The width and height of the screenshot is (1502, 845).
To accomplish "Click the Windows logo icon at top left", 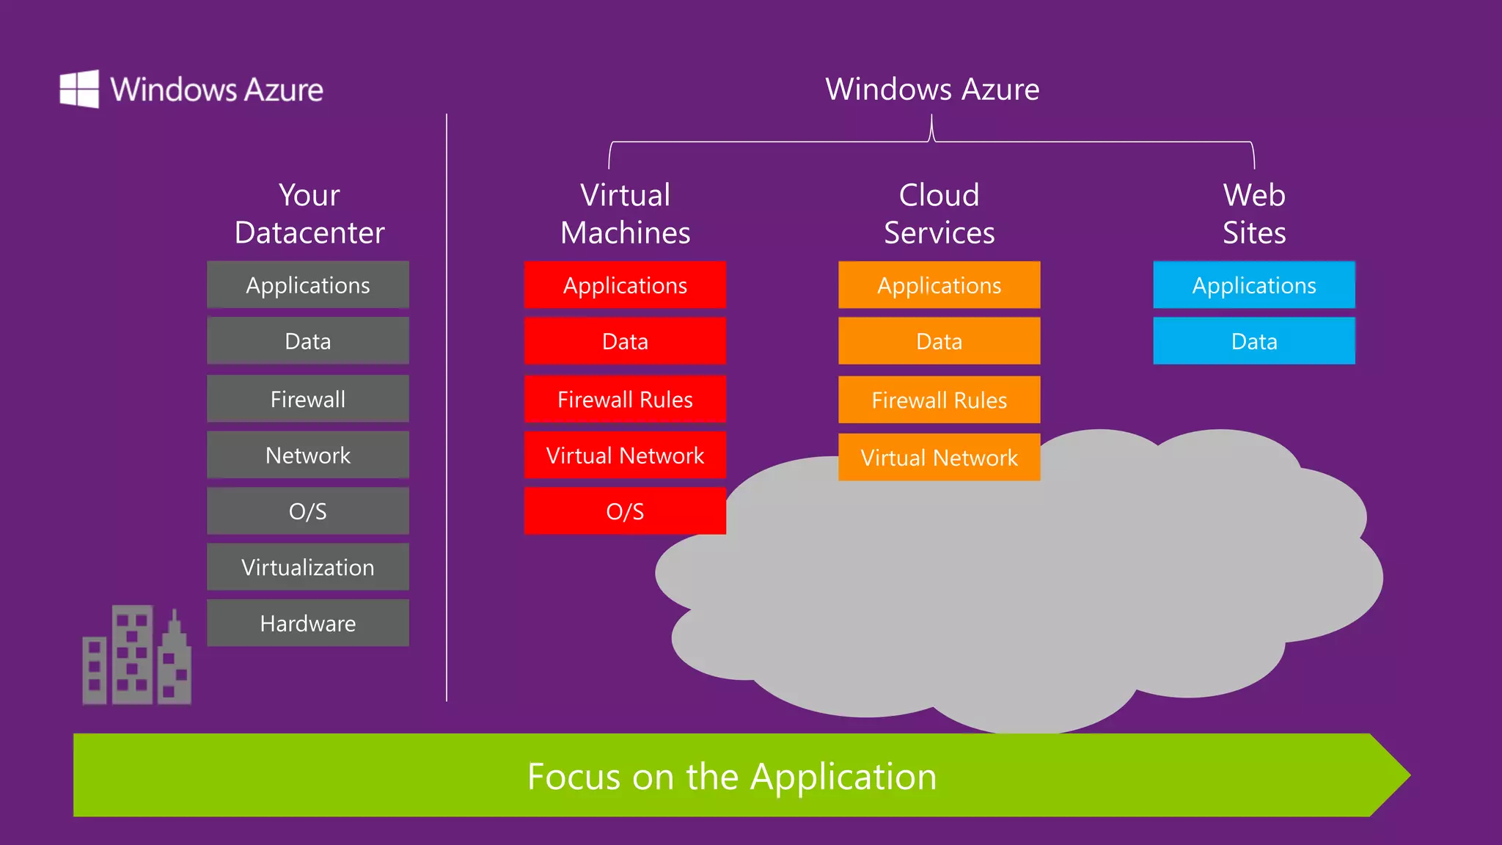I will pos(79,89).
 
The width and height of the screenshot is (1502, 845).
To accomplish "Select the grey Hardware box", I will pos(308,623).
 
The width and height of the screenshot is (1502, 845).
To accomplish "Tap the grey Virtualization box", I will pos(308,567).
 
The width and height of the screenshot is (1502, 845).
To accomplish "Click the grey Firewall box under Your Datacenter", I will pos(308,399).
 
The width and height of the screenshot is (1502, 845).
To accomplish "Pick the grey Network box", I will pos(308,455).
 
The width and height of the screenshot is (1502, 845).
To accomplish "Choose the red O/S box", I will pos(625,511).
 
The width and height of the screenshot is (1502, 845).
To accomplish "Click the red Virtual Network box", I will pos(625,455).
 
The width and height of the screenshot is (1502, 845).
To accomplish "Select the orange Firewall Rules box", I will pos(939,400).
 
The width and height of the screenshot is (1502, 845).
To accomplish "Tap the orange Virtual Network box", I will pos(939,458).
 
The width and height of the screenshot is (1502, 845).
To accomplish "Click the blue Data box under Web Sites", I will pos(1254,341).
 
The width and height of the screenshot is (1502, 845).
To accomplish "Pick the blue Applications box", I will pos(1254,285).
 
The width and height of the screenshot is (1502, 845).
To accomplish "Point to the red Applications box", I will pos(625,285).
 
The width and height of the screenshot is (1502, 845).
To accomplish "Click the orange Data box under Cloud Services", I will pos(939,341).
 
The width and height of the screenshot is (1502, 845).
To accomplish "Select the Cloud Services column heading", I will pos(939,213).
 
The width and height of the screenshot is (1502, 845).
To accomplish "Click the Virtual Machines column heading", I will pos(625,213).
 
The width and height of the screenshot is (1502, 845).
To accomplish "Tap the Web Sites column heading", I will pos(1254,213).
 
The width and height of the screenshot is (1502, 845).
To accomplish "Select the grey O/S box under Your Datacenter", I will pos(308,511).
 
